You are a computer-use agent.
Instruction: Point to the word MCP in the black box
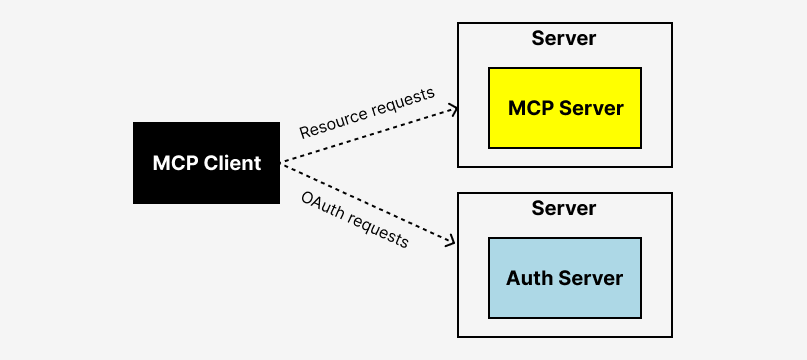(x=175, y=163)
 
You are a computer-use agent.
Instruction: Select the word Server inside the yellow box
(x=592, y=108)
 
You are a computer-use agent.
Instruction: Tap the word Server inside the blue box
(x=590, y=278)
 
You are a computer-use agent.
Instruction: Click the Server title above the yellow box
(x=564, y=39)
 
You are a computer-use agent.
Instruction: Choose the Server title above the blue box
(x=564, y=209)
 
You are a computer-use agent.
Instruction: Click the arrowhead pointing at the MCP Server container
(x=454, y=106)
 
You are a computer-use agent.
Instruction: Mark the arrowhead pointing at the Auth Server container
(x=453, y=241)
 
